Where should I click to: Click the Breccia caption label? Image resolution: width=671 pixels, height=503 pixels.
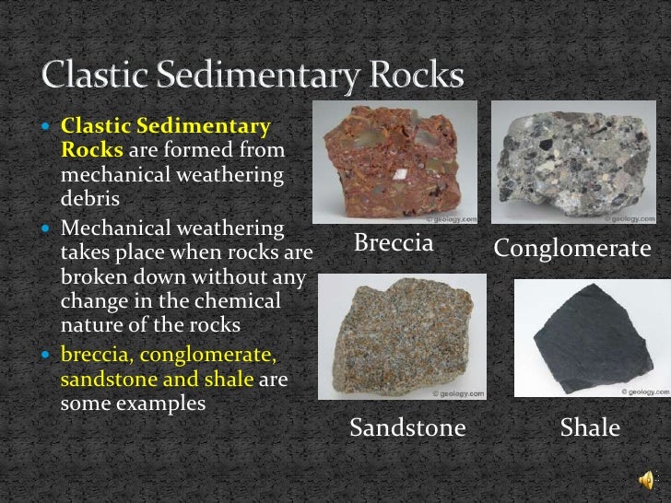tap(394, 245)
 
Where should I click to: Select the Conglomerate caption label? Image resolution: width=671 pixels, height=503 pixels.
tap(572, 249)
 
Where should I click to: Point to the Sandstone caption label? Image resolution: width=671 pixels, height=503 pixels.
tap(407, 427)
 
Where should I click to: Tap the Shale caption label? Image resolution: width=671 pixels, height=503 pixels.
tap(590, 427)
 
